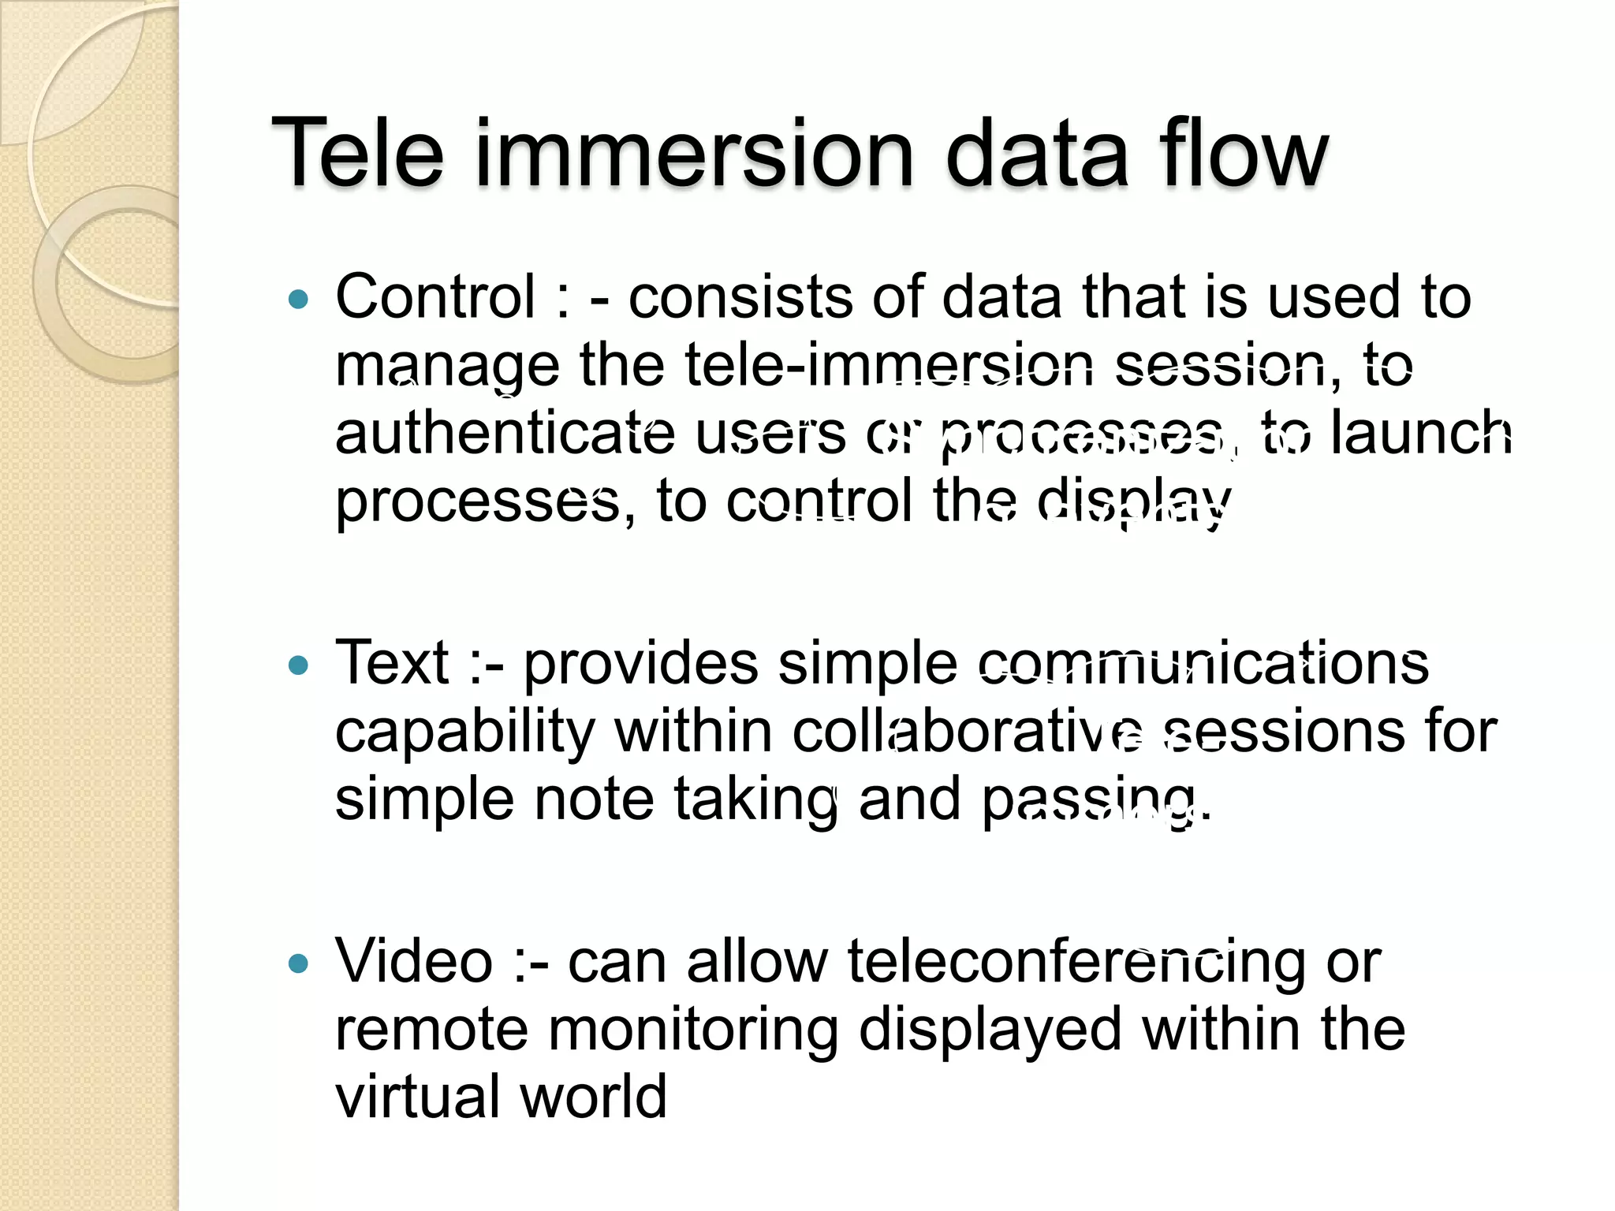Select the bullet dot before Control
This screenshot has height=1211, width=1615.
pyautogui.click(x=298, y=300)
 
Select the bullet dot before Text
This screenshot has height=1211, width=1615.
pyautogui.click(x=298, y=666)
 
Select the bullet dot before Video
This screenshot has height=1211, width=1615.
pyautogui.click(x=298, y=963)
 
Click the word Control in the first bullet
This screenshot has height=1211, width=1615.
pyautogui.click(x=435, y=297)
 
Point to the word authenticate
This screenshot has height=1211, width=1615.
pyautogui.click(x=505, y=434)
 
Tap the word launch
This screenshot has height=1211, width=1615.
pyautogui.click(x=1421, y=433)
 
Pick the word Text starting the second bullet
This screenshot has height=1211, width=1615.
pyautogui.click(x=392, y=663)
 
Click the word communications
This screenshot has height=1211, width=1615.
pyautogui.click(x=1203, y=664)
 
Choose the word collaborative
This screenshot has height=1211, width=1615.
pyautogui.click(x=967, y=732)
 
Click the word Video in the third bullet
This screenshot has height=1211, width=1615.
pyautogui.click(x=414, y=961)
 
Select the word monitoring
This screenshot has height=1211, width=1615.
pyautogui.click(x=693, y=1030)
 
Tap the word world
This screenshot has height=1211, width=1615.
pyautogui.click(x=593, y=1097)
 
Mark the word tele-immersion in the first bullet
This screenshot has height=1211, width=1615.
pyautogui.click(x=889, y=366)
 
